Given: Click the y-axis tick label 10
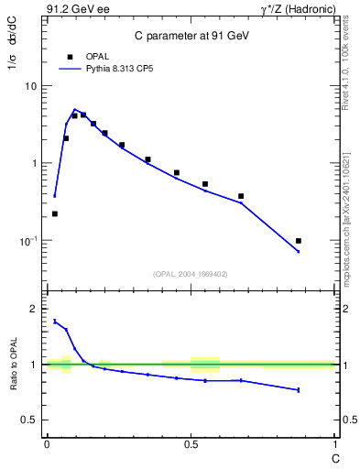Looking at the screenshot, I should [31, 86].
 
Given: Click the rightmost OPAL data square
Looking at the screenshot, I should [299, 241].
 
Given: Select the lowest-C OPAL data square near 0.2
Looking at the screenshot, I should [55, 213].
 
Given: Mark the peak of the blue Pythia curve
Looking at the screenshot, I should [75, 109].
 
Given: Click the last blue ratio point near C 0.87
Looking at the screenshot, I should [299, 390].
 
